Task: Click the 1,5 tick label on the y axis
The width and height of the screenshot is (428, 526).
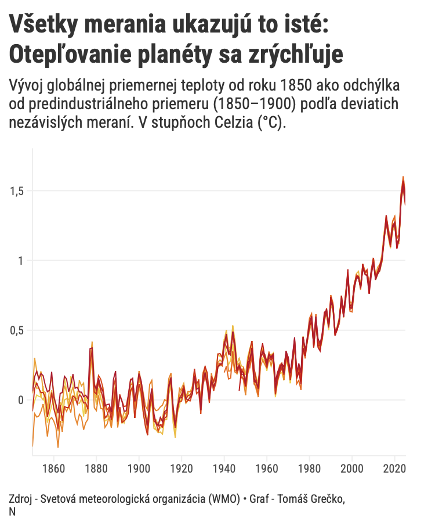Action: tap(17, 191)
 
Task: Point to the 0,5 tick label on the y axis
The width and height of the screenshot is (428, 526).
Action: tap(17, 330)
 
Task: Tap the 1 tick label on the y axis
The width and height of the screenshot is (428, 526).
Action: tap(21, 261)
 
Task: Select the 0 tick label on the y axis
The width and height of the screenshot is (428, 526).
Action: tap(20, 400)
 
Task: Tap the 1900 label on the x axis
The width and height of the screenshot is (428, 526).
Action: tap(139, 467)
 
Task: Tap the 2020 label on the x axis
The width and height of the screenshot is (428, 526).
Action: tap(394, 467)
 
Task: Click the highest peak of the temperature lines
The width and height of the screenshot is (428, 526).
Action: tap(402, 177)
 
